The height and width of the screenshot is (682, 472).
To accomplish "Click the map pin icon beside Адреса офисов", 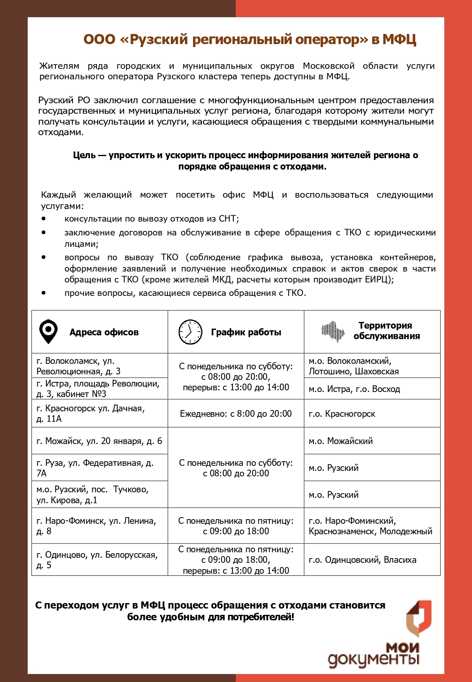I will coord(48,332).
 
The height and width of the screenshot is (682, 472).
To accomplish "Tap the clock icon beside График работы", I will coord(190,332).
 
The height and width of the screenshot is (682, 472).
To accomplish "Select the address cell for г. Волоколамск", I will coord(99,366).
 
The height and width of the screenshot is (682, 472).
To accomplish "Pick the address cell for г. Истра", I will coord(99,389).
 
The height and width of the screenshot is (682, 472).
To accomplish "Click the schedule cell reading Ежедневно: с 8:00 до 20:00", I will coord(236,414).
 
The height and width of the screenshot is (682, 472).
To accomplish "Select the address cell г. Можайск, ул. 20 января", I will coord(99,441).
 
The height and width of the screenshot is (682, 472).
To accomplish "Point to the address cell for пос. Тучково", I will coord(99,495).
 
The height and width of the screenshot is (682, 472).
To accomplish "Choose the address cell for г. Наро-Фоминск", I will coord(99,526).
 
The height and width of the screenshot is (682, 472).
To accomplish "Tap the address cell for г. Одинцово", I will coord(99,560).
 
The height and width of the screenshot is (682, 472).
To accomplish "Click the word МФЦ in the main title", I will coord(399,39).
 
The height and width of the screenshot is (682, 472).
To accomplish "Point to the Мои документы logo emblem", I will coord(418,618).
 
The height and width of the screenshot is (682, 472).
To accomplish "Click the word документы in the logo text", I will coord(373,659).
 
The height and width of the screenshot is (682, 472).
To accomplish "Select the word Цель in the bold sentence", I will coord(84,155).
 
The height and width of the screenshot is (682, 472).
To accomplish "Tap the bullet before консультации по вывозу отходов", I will coord(44,219).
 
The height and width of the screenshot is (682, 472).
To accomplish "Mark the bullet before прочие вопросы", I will coord(44,293).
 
